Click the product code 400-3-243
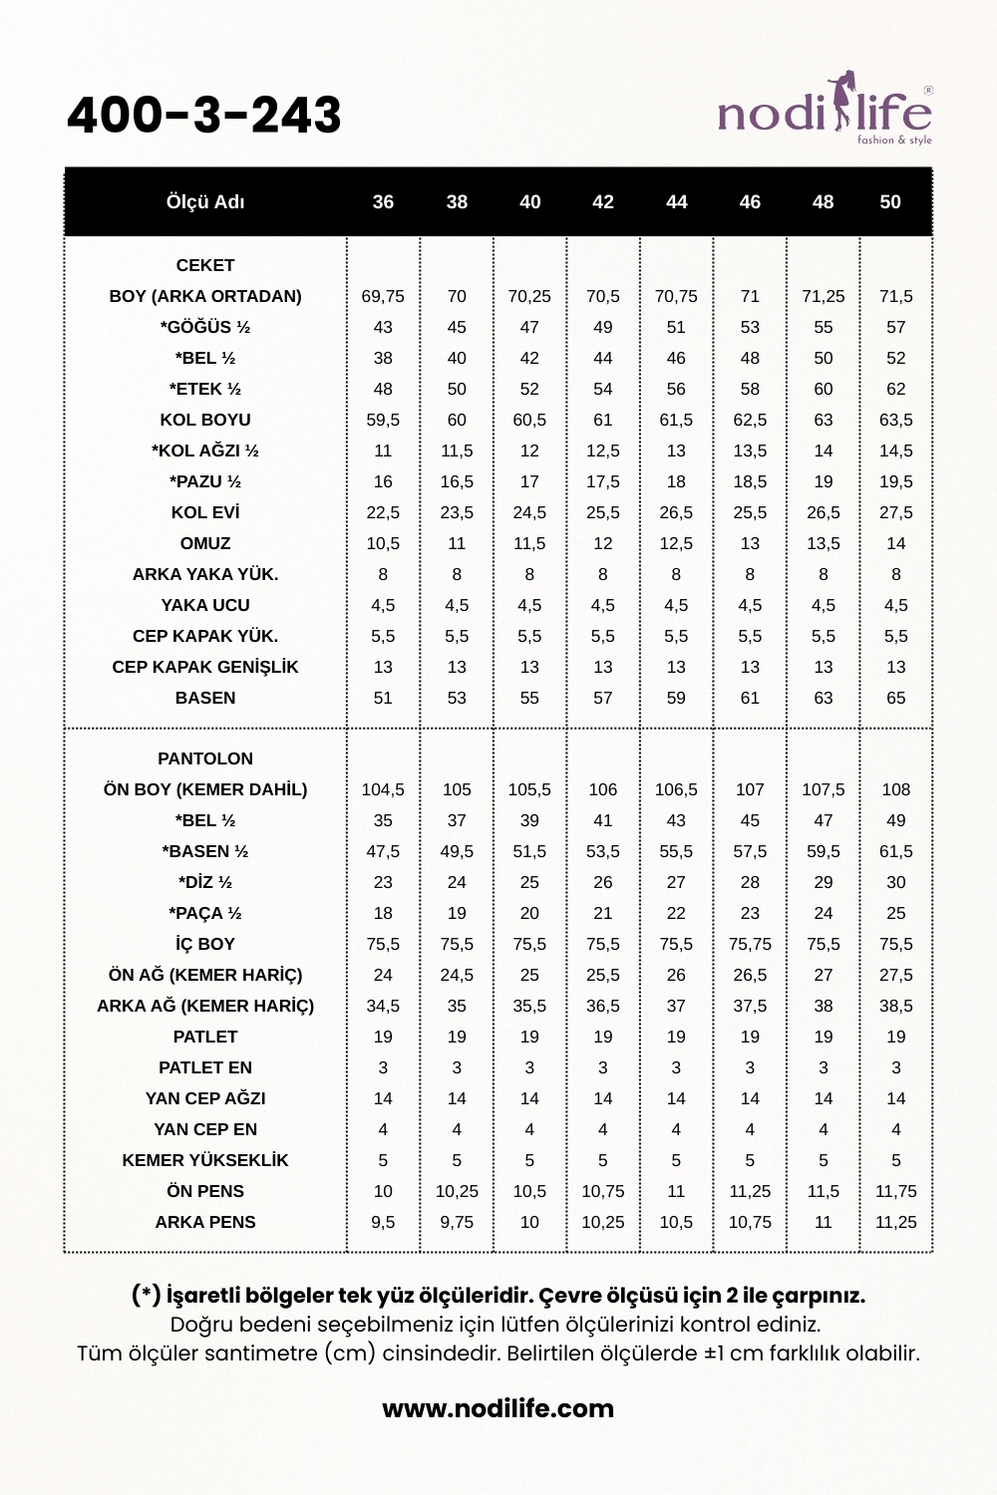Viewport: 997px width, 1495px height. (204, 115)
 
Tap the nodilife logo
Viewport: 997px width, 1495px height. (825, 110)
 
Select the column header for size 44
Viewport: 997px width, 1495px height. (676, 202)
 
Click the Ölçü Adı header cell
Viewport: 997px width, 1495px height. (205, 202)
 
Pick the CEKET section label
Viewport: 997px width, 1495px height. (205, 265)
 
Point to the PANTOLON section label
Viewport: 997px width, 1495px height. (205, 758)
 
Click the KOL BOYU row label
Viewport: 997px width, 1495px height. (205, 420)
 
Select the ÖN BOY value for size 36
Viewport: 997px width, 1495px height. (383, 789)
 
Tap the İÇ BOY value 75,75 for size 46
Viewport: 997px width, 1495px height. (750, 944)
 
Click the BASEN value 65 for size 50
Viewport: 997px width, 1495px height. (895, 698)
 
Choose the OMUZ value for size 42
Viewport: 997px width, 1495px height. (603, 543)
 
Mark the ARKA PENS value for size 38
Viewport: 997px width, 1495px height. (457, 1222)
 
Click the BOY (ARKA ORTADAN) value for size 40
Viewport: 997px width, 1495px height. (529, 296)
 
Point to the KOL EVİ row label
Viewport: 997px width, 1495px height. (205, 512)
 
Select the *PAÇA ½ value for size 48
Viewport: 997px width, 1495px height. (823, 913)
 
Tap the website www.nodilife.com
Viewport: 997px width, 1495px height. (498, 1408)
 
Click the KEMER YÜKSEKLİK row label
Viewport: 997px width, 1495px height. (205, 1160)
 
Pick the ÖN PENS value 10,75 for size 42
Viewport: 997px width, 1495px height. (603, 1191)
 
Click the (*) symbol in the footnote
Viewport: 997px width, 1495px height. (147, 1295)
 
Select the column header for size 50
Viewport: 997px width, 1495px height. (890, 202)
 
